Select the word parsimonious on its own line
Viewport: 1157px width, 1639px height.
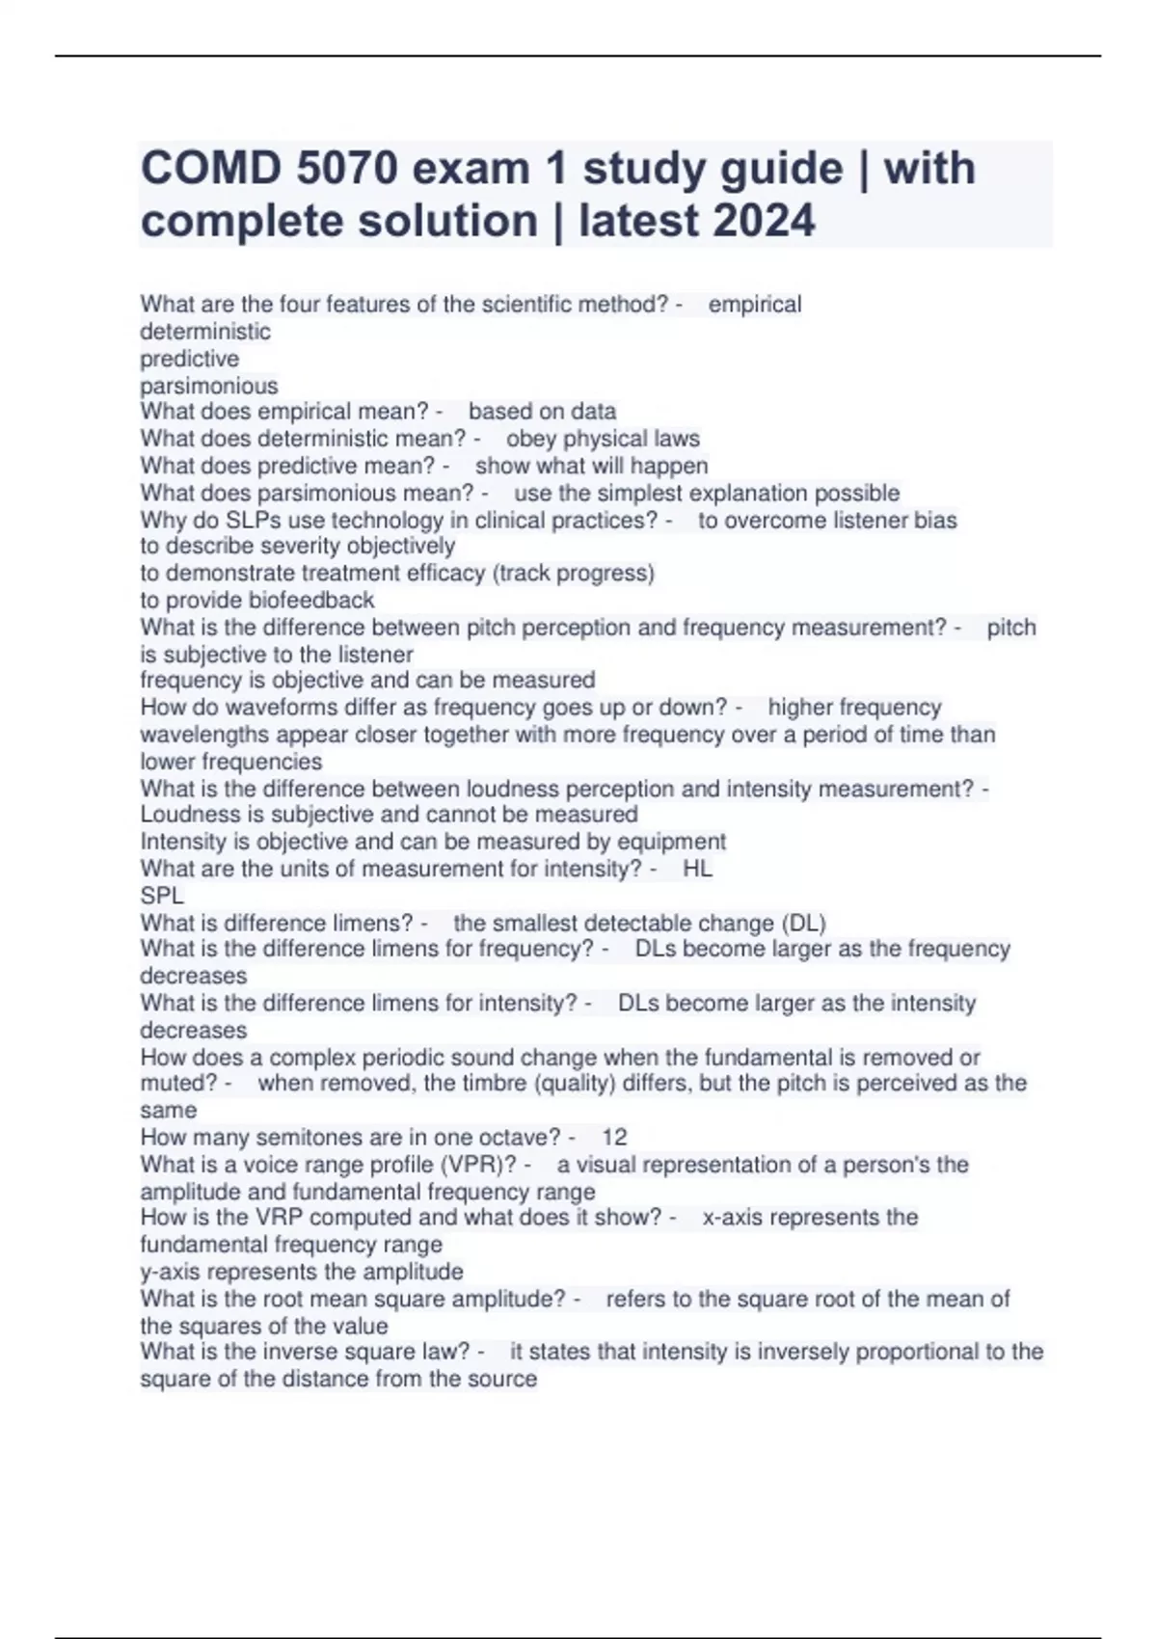[208, 386]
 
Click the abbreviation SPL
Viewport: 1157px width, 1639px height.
[162, 896]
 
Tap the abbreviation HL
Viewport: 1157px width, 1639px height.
[697, 869]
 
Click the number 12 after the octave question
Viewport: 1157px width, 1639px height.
[614, 1137]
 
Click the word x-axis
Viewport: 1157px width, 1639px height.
[734, 1217]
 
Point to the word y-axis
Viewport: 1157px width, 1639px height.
[170, 1271]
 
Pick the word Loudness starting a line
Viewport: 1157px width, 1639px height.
[188, 815]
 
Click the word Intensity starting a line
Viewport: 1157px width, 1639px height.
[182, 842]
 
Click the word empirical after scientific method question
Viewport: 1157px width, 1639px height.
[755, 305]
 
